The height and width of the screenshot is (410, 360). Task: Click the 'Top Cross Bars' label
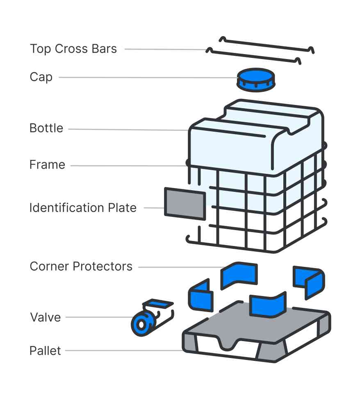pos(73,49)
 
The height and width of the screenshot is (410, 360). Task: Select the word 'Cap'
pos(41,77)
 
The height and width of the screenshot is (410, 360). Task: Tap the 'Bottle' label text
pos(46,128)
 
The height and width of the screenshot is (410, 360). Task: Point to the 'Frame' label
pos(47,165)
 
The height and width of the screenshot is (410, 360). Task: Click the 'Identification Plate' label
pos(83,208)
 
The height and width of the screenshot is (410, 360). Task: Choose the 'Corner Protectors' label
pos(81,266)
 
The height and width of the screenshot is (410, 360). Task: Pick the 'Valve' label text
pos(45,317)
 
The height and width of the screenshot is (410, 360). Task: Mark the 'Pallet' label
pos(45,351)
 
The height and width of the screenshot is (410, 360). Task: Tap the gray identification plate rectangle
pos(185,203)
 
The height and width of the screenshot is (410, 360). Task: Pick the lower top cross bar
pos(254,56)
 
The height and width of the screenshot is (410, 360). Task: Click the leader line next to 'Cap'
pos(148,77)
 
